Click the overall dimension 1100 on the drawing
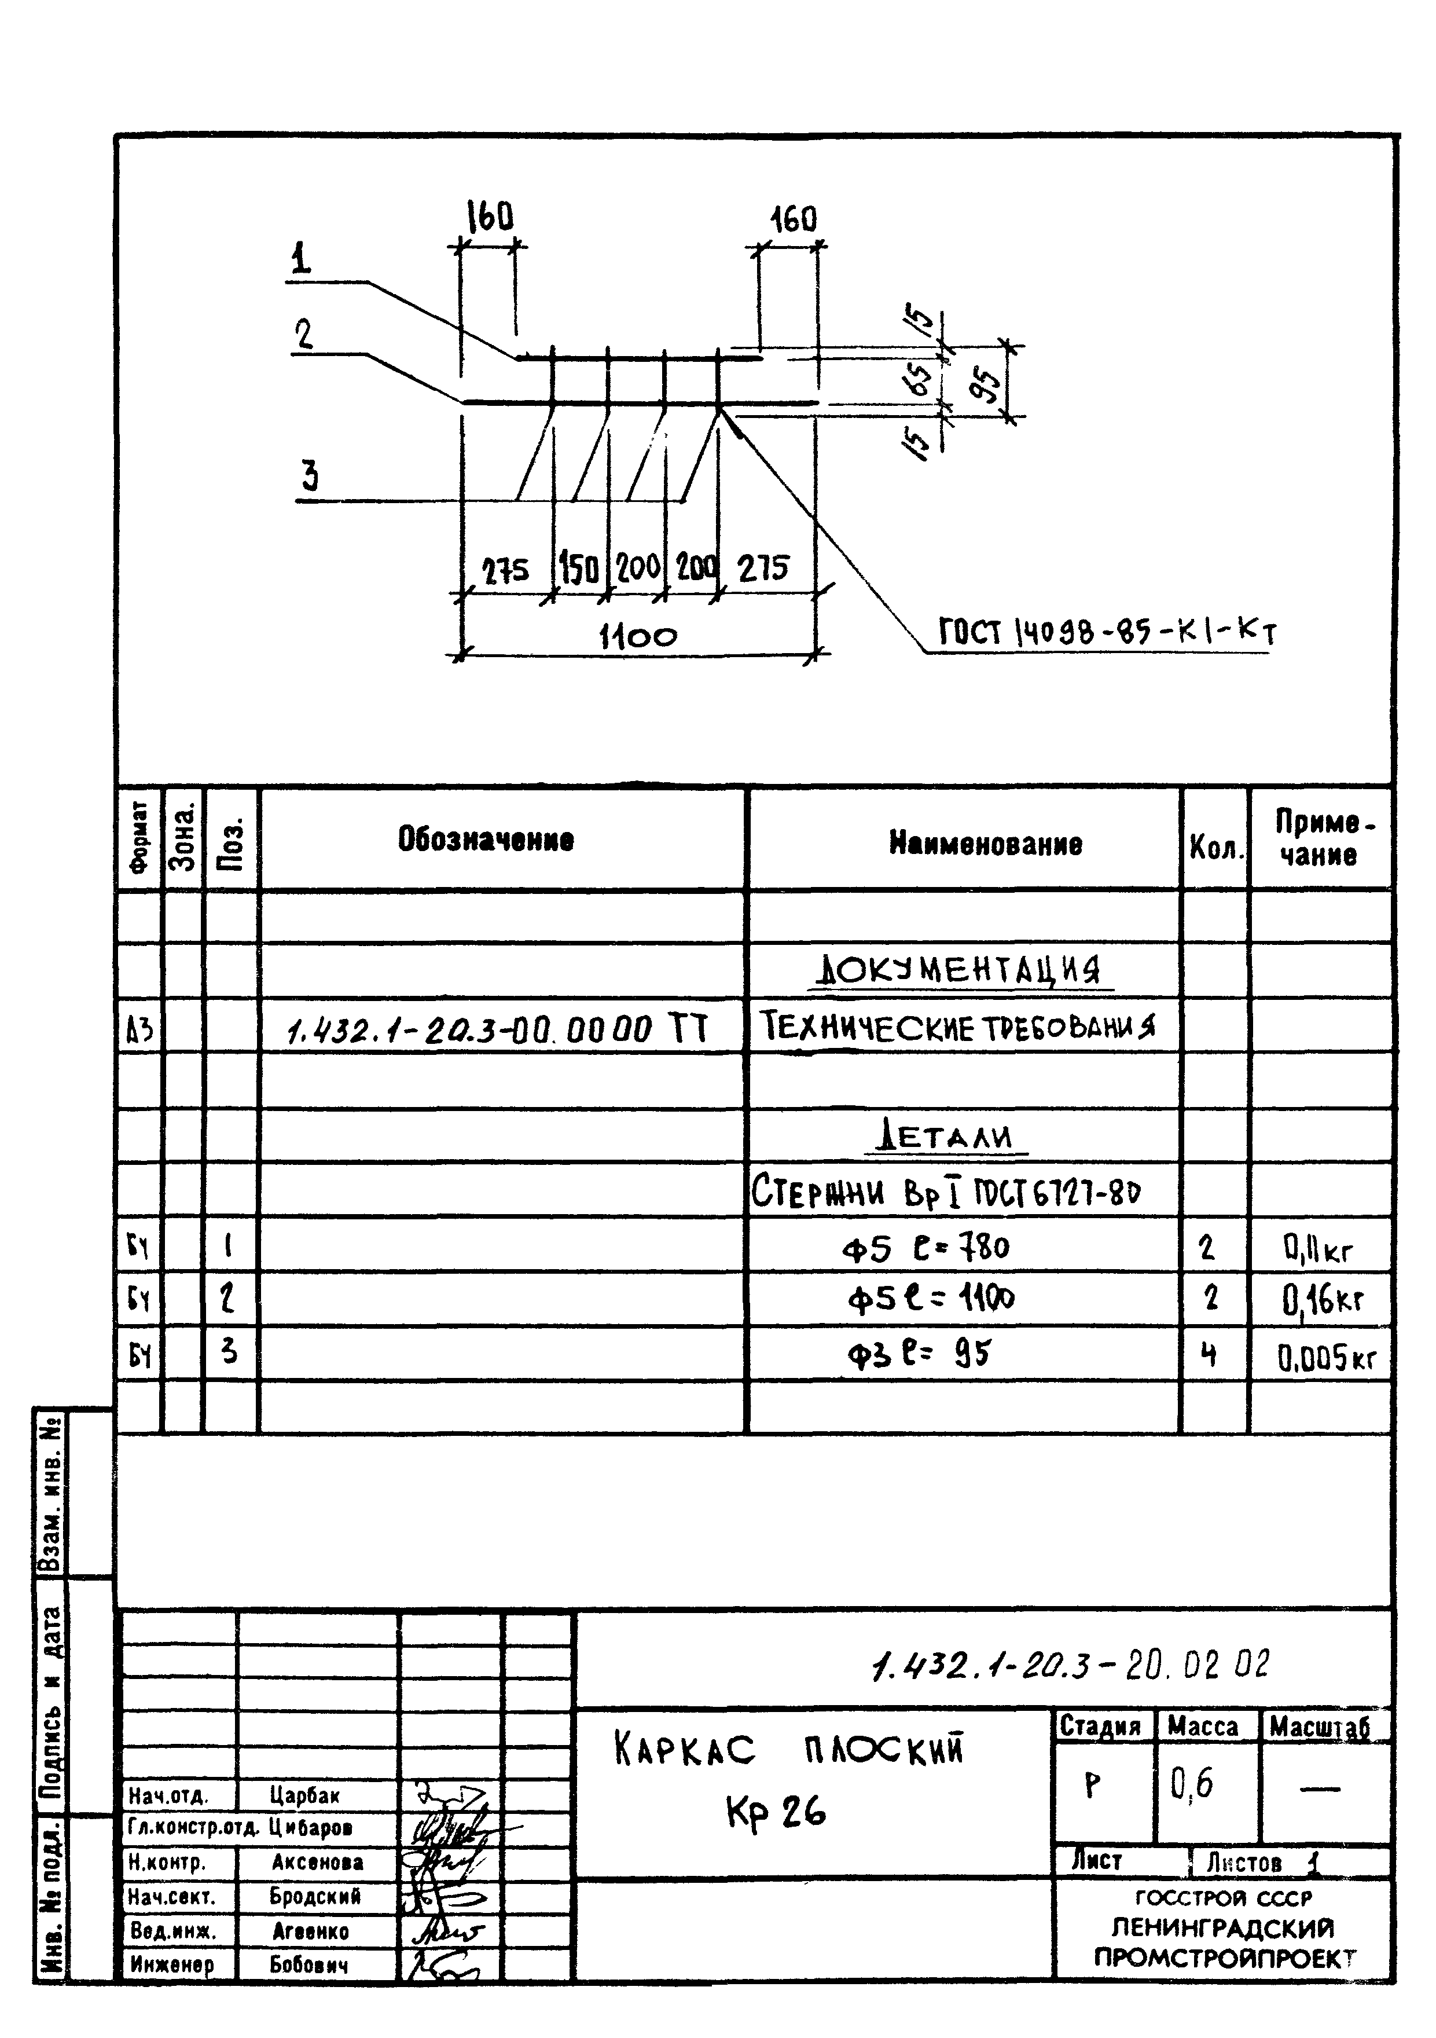[x=638, y=636]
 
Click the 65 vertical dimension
[x=923, y=380]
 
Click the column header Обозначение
[x=486, y=839]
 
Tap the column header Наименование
[x=985, y=842]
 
